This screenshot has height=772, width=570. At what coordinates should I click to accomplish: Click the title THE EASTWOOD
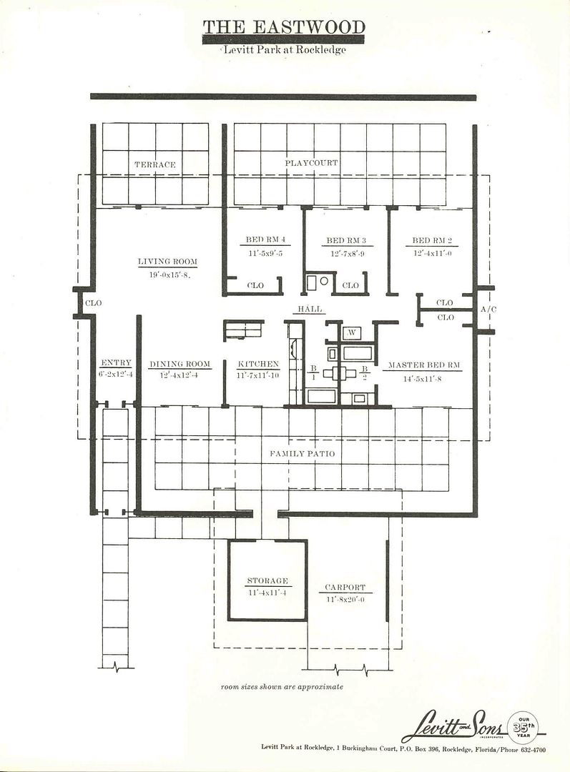click(x=284, y=26)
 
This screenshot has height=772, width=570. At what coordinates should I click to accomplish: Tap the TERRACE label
click(x=155, y=164)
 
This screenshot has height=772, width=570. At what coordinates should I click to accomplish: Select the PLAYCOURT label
click(x=311, y=162)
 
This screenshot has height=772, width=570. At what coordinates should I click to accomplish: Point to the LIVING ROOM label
click(x=167, y=262)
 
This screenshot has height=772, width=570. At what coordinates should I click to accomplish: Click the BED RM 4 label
click(x=265, y=239)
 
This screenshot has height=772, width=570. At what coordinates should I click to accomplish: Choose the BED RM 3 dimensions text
click(x=348, y=254)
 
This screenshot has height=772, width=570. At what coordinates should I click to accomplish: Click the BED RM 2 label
click(x=432, y=240)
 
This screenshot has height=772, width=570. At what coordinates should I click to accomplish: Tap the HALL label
click(x=310, y=309)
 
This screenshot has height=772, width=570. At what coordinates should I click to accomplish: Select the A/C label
click(x=488, y=310)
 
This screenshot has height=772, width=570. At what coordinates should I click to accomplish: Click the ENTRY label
click(x=117, y=363)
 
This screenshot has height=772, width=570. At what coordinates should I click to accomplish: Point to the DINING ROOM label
click(x=180, y=364)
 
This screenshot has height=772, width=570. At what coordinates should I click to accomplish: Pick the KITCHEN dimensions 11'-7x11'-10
click(x=258, y=375)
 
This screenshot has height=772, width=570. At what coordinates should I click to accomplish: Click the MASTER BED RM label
click(x=424, y=365)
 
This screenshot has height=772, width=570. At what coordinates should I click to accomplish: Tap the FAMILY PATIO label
click(x=302, y=453)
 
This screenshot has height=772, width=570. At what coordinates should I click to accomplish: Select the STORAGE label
click(x=267, y=581)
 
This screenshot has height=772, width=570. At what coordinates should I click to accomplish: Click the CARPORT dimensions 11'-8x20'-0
click(x=345, y=600)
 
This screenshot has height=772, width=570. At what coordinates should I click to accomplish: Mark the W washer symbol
click(x=352, y=333)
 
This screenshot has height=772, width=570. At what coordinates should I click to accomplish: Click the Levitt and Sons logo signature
click(x=454, y=728)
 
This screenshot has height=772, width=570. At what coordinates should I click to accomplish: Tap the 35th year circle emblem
click(x=524, y=728)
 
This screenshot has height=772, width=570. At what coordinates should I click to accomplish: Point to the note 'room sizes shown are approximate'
click(x=282, y=686)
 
